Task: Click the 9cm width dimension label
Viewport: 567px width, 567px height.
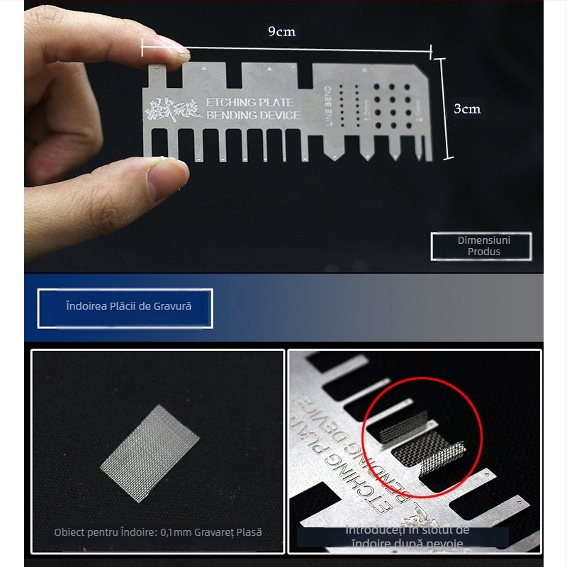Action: pos(281,31)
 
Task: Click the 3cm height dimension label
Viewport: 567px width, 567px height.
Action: pos(467,108)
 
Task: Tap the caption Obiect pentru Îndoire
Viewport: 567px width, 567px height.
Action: pos(158,532)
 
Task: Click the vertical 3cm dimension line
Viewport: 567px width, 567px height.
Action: pos(445,108)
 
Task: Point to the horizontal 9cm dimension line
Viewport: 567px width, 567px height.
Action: pos(287,49)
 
